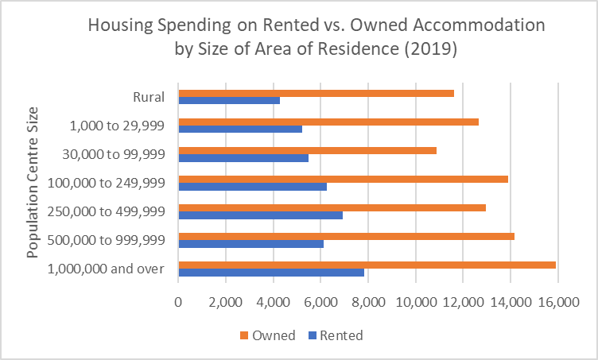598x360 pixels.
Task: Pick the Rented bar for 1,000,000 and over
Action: pyautogui.click(x=271, y=273)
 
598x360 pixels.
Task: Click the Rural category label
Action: pyautogui.click(x=149, y=97)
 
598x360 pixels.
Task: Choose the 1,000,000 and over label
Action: pyautogui.click(x=106, y=269)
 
